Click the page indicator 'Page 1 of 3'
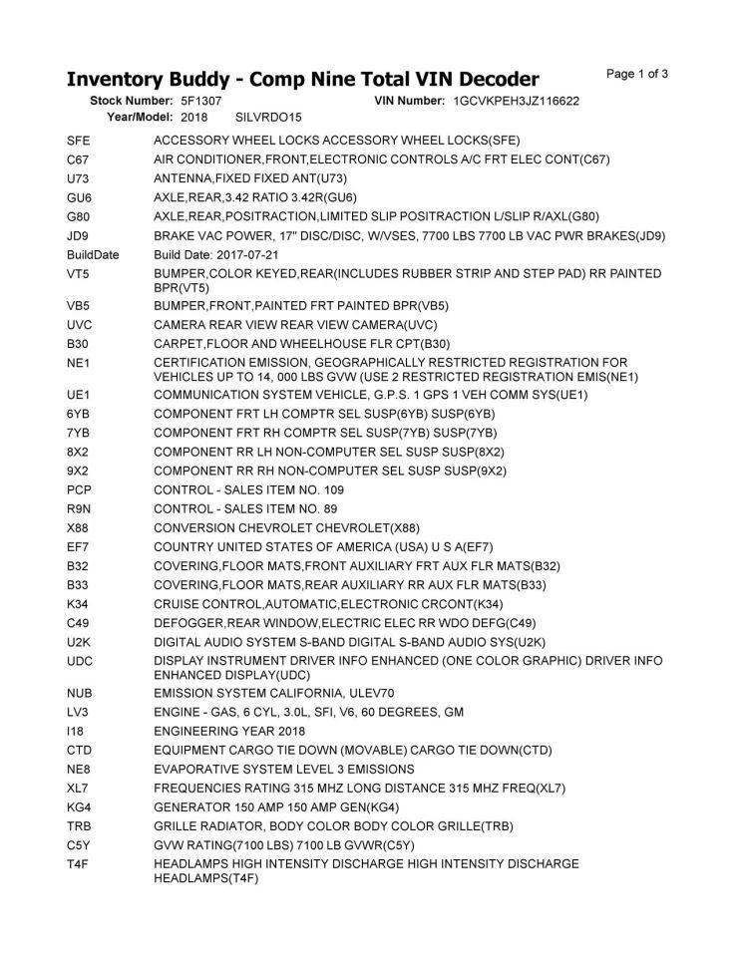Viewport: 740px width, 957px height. point(637,74)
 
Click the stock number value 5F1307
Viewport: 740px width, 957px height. point(201,101)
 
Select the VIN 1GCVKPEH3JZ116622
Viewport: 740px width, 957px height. point(516,101)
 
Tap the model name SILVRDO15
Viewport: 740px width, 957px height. point(268,117)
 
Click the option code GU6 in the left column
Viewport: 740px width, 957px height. point(80,197)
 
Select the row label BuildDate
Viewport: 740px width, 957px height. point(93,254)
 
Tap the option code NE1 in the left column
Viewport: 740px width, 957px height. point(80,361)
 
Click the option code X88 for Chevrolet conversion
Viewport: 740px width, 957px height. point(80,527)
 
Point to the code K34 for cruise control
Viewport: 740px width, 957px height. point(80,604)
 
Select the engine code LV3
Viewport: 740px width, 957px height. point(80,712)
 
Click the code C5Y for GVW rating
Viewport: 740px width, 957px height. point(80,844)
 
